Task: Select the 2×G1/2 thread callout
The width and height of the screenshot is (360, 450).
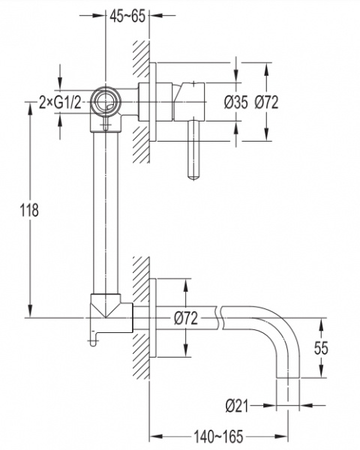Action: [x=60, y=102]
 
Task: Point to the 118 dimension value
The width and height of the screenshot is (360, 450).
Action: [x=29, y=210]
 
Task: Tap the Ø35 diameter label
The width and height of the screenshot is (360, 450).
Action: [x=235, y=102]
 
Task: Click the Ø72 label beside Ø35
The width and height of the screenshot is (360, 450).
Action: [x=266, y=102]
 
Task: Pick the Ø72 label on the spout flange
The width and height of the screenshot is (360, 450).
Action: [x=186, y=318]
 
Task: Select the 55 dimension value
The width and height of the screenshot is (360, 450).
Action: [x=321, y=348]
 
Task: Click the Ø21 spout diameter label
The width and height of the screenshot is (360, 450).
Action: [x=236, y=406]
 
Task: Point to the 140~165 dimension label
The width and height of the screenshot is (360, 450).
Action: [x=218, y=436]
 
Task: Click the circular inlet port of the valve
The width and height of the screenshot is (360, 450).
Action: [x=105, y=102]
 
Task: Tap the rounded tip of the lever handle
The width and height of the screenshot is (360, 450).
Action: [x=193, y=177]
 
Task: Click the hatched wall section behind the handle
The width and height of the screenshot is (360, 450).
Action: [x=141, y=102]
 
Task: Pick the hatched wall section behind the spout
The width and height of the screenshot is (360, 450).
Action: [x=141, y=318]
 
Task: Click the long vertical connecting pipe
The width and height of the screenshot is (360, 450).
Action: [x=106, y=213]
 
